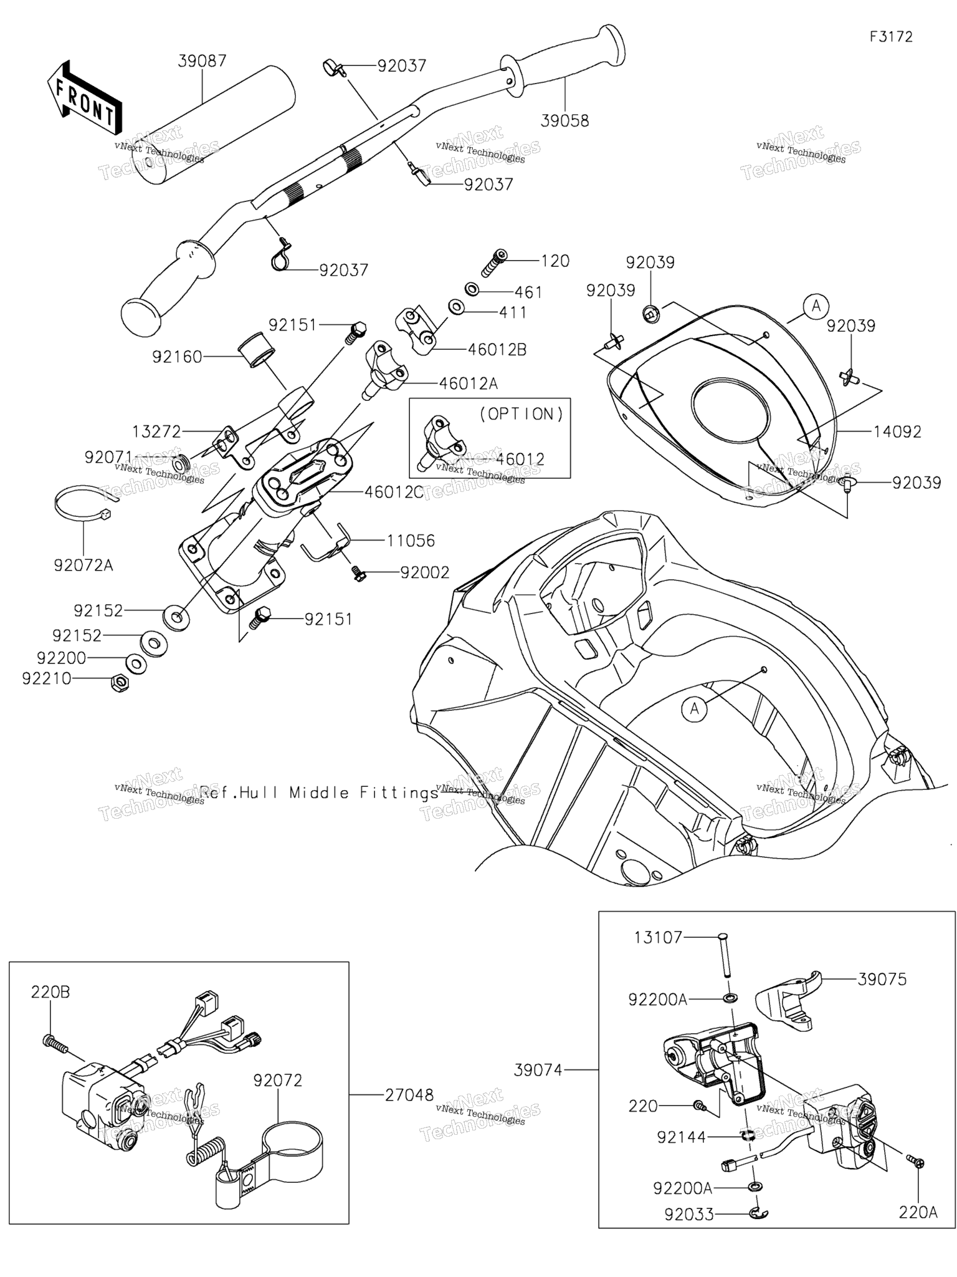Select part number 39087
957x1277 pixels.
coord(202,62)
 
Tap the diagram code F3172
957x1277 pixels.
coord(891,37)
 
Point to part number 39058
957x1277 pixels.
coord(564,120)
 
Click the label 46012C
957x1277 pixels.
coord(394,492)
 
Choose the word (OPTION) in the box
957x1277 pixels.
coord(522,414)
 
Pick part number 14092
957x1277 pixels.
coord(897,431)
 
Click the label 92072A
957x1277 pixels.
coord(83,566)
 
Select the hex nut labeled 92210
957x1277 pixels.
coord(120,683)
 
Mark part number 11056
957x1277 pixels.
coord(411,541)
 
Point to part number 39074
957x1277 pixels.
coord(538,1070)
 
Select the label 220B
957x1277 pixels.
coord(50,992)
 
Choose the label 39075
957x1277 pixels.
coord(882,979)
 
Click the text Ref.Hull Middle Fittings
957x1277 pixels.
coord(320,793)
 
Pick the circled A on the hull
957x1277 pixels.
coord(695,708)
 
